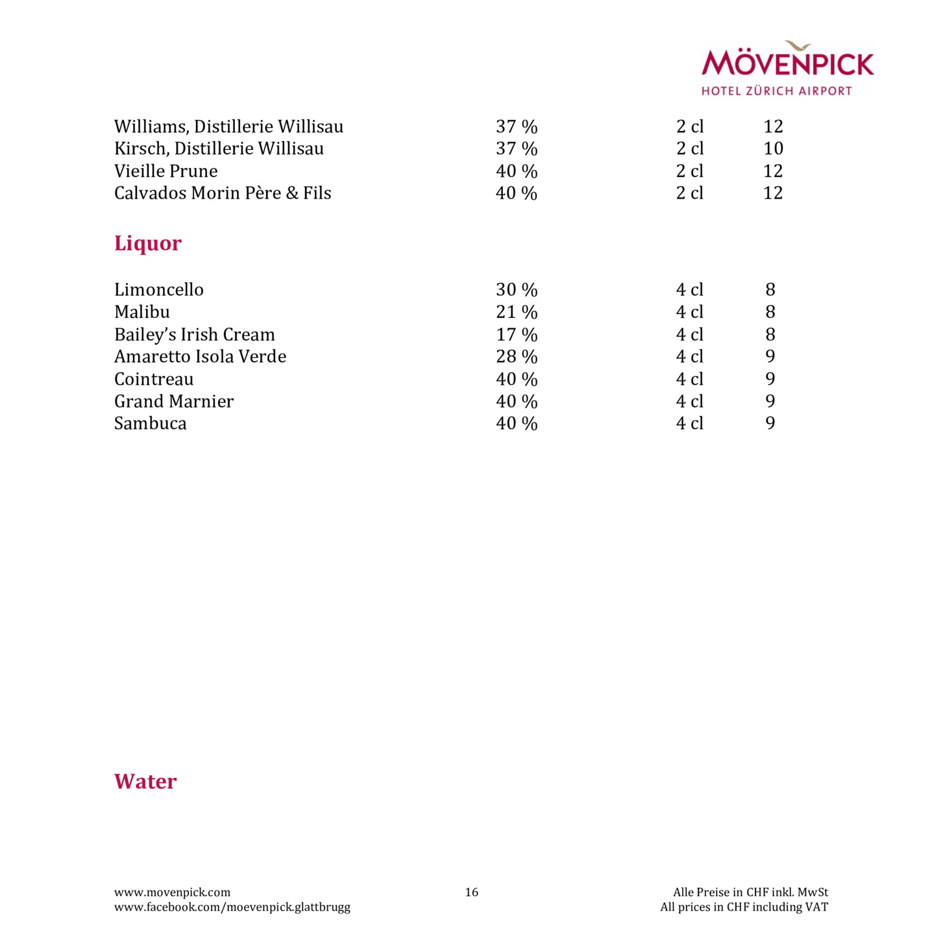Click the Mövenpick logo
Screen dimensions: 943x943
pos(787,68)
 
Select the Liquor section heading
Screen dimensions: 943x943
pos(148,243)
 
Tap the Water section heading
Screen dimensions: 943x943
pos(145,781)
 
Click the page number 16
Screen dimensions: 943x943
pos(472,892)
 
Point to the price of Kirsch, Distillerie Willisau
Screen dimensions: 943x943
pos(773,149)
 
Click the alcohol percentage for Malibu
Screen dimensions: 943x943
pos(517,312)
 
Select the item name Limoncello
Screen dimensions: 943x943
pos(159,289)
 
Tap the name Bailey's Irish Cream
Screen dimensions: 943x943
pos(195,334)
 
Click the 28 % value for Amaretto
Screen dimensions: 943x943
pos(517,356)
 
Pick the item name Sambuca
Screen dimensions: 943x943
pos(151,423)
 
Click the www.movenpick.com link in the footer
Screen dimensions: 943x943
pos(172,892)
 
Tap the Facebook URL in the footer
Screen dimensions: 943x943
pos(232,907)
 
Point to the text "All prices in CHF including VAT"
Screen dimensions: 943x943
pos(744,907)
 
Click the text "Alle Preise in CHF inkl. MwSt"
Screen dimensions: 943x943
pos(750,892)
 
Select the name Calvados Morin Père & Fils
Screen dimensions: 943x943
pos(223,193)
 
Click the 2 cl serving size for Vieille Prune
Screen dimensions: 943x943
pos(689,171)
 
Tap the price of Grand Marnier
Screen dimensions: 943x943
pos(770,401)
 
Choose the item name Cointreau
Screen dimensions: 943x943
pos(154,379)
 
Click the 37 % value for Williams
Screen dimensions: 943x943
pos(517,127)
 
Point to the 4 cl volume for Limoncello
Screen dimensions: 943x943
pos(689,289)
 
